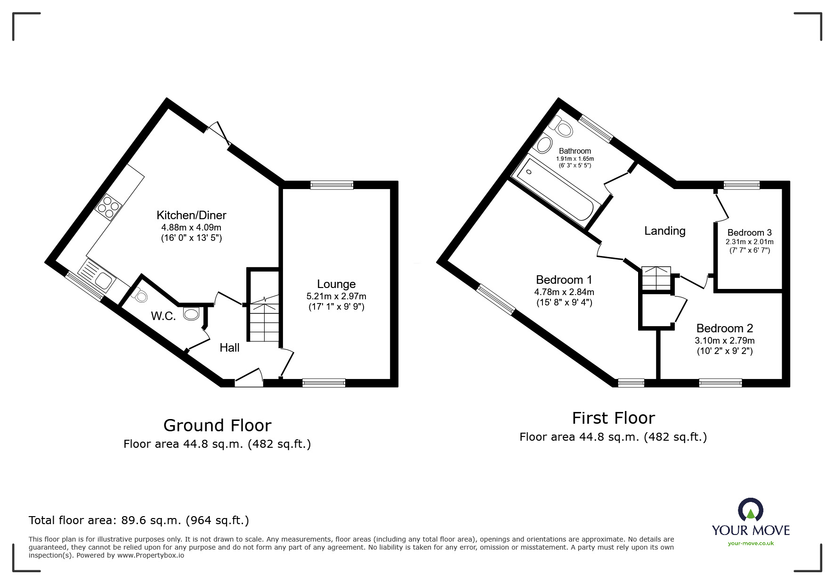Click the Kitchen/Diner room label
point(191,215)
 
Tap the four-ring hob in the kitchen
point(109,207)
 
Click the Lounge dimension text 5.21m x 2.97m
point(336,296)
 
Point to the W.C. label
point(163,316)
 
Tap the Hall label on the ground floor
point(229,348)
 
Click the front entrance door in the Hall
point(249,378)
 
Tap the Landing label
point(664,231)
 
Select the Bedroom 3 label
point(749,232)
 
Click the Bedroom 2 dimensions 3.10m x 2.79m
point(724,340)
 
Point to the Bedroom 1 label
point(564,280)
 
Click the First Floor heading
point(613,418)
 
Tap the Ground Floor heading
point(217,426)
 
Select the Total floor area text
point(139,520)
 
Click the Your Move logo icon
point(750,510)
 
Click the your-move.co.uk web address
point(751,543)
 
